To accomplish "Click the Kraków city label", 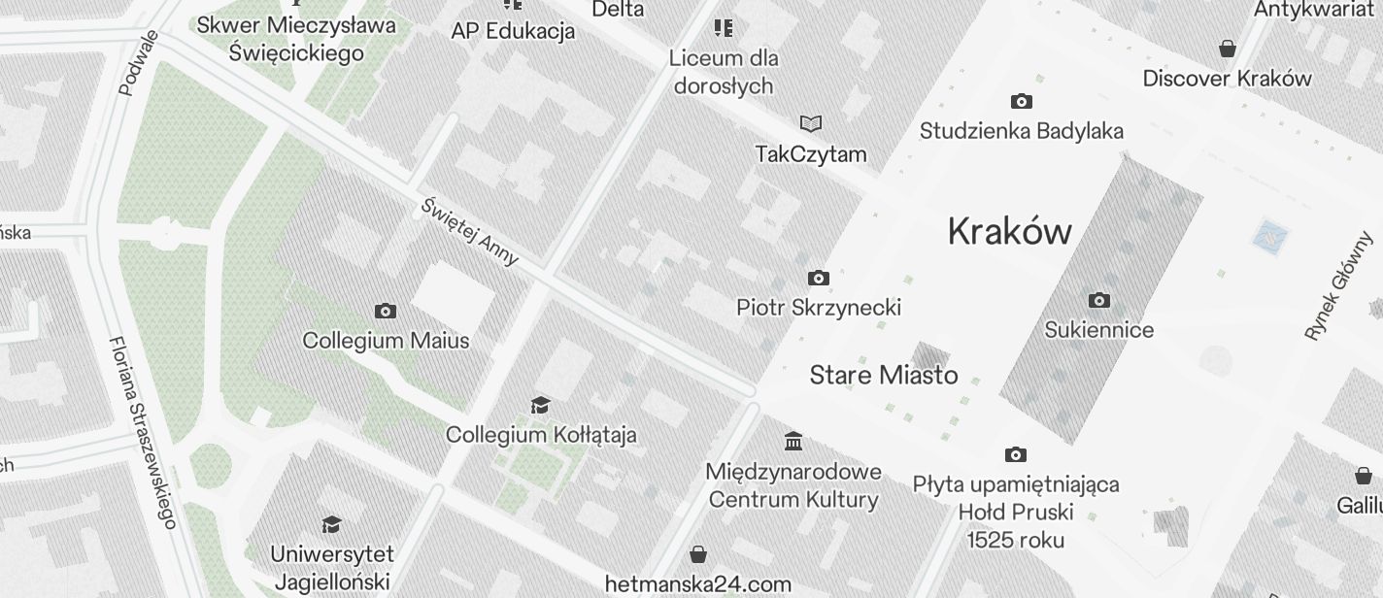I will [1009, 231].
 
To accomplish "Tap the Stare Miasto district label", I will [884, 375].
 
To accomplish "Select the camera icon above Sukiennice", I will [1099, 300].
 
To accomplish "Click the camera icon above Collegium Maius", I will [386, 311].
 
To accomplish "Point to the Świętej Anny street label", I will [470, 232].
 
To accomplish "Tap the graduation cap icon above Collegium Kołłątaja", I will [541, 404].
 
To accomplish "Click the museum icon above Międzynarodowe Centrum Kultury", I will [793, 442].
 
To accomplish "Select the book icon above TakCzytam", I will [811, 123].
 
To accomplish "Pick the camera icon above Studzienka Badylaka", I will [1021, 101].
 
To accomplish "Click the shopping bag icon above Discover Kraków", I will [1228, 49].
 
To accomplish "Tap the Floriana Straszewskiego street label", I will [143, 432].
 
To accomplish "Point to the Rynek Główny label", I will [1341, 285].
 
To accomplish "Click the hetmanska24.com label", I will [697, 584].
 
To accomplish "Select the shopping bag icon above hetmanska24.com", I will [697, 554].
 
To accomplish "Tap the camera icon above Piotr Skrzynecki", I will [819, 279].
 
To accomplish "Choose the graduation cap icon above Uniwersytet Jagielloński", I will [331, 524].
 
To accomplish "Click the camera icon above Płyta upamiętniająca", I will [1016, 454].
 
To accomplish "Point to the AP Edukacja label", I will [513, 31].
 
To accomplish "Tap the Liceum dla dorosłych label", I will [724, 72].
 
